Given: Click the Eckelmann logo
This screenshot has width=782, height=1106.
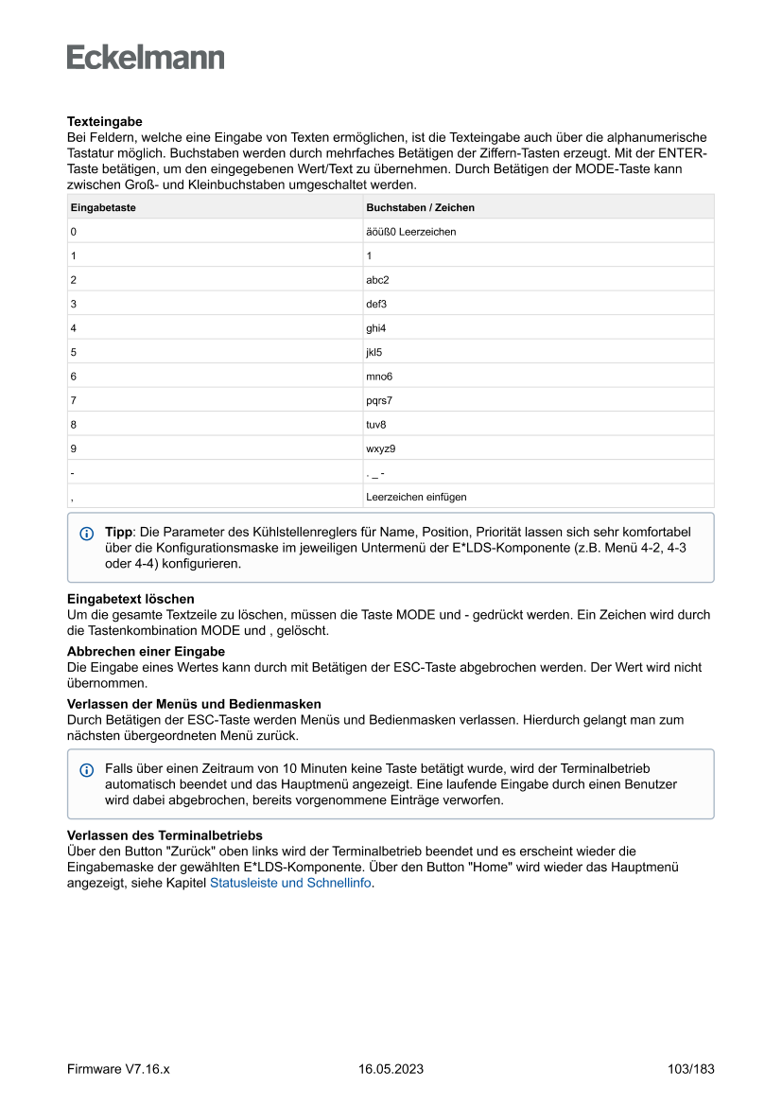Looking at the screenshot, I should click(x=146, y=58).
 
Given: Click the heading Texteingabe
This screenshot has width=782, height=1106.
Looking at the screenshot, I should click(x=104, y=122).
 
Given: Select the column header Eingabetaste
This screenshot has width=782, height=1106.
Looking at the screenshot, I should click(x=103, y=207).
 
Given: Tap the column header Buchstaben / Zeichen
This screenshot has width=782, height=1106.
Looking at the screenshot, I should click(x=420, y=207).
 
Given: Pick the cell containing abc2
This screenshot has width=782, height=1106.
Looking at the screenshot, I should click(x=377, y=280).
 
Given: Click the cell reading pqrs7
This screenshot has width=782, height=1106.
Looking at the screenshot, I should click(x=379, y=400).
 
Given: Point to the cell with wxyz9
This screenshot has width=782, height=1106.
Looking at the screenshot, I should click(x=380, y=448).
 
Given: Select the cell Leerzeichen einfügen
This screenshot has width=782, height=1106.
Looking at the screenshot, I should click(x=416, y=497).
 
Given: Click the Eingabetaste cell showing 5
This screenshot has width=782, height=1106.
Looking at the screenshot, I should click(x=73, y=352).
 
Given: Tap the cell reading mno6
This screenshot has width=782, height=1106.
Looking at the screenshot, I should click(x=379, y=377).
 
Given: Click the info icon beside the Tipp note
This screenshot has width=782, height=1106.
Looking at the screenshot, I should click(x=87, y=534).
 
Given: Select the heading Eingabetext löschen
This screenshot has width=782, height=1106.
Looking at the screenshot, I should click(x=130, y=599).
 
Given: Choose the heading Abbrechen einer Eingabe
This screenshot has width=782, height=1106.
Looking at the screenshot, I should click(x=146, y=652).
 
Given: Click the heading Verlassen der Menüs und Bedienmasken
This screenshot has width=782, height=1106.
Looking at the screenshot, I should click(x=194, y=704).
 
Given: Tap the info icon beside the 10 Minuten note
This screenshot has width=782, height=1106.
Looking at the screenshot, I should click(x=87, y=770).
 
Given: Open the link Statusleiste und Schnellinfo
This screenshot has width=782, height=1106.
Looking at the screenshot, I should click(x=290, y=883).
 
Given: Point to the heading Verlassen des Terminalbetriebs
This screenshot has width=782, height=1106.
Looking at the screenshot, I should click(x=165, y=835).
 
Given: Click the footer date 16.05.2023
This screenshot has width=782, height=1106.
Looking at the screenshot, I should click(x=391, y=1069).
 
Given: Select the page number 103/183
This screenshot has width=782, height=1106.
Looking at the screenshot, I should click(x=690, y=1069).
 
